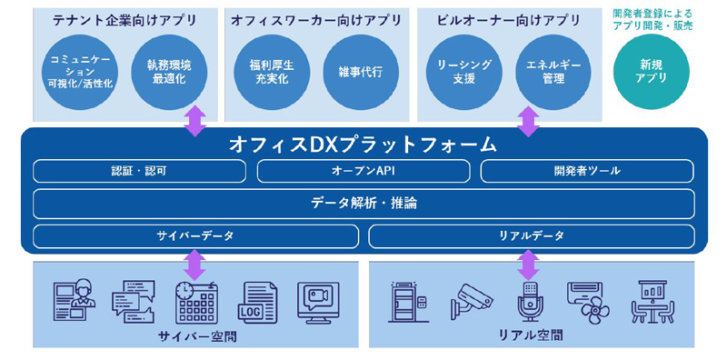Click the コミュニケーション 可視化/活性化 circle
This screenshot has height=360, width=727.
click(79, 73)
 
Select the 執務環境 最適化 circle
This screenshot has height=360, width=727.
click(169, 73)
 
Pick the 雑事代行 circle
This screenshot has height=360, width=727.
click(361, 73)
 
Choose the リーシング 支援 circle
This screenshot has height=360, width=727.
click(464, 73)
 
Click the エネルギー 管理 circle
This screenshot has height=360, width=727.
click(553, 73)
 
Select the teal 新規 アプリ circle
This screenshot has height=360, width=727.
click(651, 73)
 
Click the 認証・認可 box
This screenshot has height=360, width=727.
click(140, 171)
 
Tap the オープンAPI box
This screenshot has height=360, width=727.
click(363, 171)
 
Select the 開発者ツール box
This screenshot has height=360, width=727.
click(587, 171)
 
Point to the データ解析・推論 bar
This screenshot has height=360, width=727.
click(363, 204)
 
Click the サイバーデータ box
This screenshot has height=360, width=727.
click(195, 236)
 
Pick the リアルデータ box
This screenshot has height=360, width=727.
click(532, 236)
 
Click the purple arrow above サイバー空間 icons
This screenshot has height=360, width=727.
click(195, 265)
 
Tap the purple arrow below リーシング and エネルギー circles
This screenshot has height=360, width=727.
click(528, 122)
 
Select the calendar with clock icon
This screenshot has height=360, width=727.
click(196, 303)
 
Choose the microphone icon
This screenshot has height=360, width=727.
click(527, 303)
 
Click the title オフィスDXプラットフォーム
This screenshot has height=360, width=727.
click(363, 145)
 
